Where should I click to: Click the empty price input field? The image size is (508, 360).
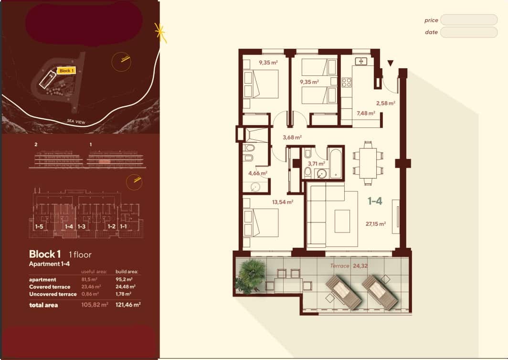pyautogui.click(x=468, y=20)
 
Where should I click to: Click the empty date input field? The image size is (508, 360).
pyautogui.click(x=468, y=32)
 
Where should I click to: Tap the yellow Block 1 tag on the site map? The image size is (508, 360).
pyautogui.click(x=66, y=71)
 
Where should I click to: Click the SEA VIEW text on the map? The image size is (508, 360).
pyautogui.click(x=76, y=123)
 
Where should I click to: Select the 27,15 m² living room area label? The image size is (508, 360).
pyautogui.click(x=376, y=223)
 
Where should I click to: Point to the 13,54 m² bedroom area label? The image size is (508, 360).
pyautogui.click(x=282, y=202)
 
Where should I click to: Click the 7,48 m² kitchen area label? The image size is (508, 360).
pyautogui.click(x=366, y=114)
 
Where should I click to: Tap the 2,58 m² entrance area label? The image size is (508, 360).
pyautogui.click(x=385, y=103)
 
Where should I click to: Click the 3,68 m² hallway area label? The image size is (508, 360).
pyautogui.click(x=292, y=138)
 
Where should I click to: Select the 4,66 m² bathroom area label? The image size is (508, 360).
pyautogui.click(x=257, y=173)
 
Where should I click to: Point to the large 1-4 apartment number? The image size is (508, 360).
pyautogui.click(x=375, y=201)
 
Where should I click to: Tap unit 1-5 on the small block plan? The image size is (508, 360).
pyautogui.click(x=39, y=227)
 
